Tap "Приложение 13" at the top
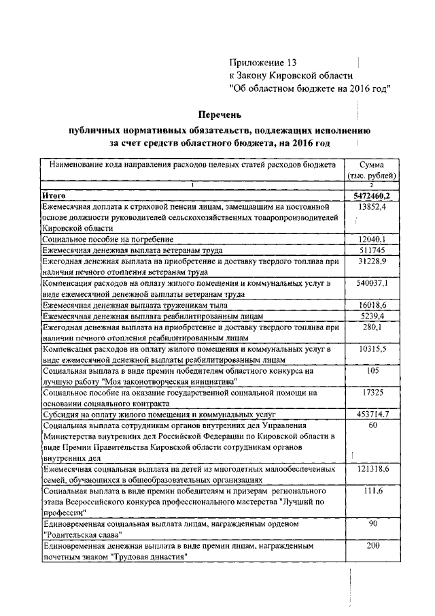point(263,62)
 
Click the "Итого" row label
point(54,196)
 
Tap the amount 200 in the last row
point(372,545)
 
